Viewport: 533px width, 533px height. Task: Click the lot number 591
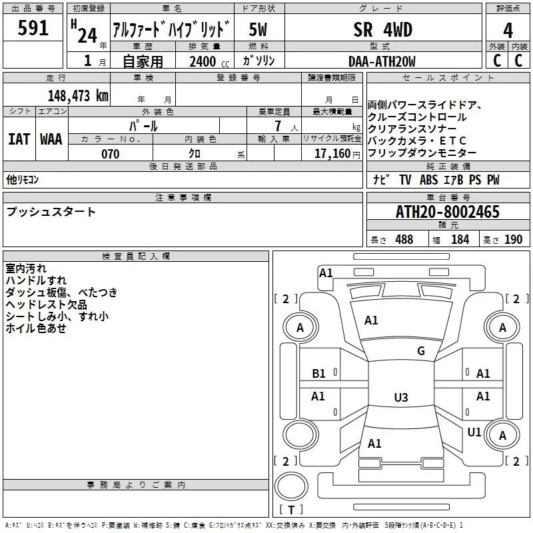(33, 28)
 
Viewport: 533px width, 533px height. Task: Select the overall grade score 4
(508, 31)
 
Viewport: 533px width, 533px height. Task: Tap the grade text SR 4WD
(382, 30)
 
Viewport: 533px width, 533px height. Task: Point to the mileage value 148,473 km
(78, 96)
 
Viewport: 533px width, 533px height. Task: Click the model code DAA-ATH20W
(382, 61)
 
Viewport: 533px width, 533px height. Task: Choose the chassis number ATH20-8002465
(448, 212)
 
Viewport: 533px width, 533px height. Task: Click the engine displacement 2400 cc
(209, 61)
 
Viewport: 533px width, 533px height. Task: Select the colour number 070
(111, 154)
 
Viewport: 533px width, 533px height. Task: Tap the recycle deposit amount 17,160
(332, 154)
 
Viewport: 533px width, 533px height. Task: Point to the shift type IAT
(19, 139)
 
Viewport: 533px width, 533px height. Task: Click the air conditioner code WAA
(51, 139)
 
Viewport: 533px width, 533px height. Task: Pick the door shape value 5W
(258, 30)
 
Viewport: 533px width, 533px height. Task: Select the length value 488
(404, 240)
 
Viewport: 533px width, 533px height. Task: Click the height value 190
(513, 240)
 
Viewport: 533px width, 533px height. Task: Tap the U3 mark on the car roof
(401, 397)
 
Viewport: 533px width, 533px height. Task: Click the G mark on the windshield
(421, 350)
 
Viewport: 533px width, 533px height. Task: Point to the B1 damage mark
(318, 374)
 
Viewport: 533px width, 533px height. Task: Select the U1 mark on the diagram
(474, 432)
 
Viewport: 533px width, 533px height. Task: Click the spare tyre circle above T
(291, 486)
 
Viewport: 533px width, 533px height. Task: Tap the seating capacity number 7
(278, 126)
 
